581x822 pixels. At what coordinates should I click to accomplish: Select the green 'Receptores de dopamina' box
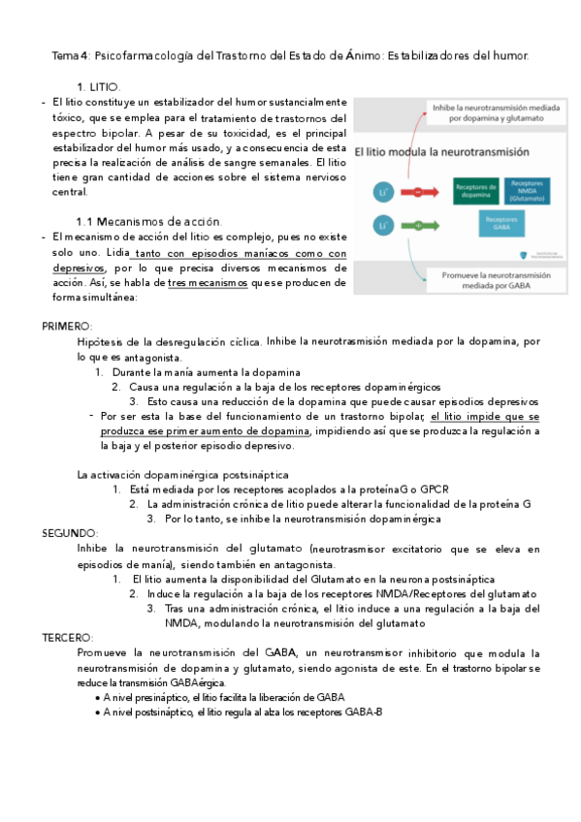tap(449, 192)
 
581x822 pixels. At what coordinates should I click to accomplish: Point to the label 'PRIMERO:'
tap(67, 327)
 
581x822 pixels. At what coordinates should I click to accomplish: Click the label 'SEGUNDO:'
tap(69, 533)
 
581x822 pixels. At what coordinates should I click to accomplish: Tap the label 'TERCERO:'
tap(67, 638)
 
